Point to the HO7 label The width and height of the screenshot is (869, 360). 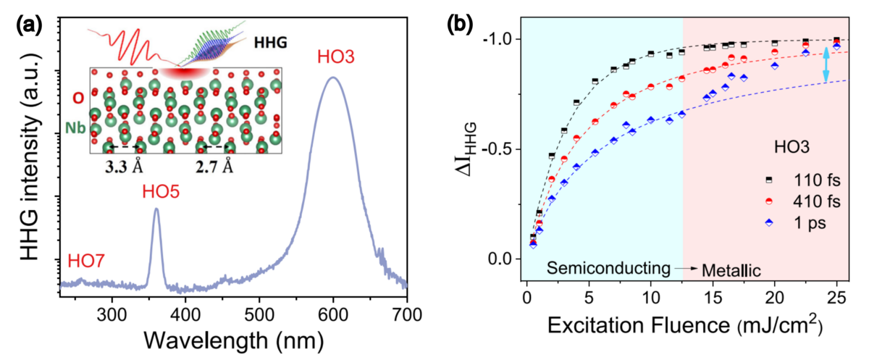pyautogui.click(x=85, y=260)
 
